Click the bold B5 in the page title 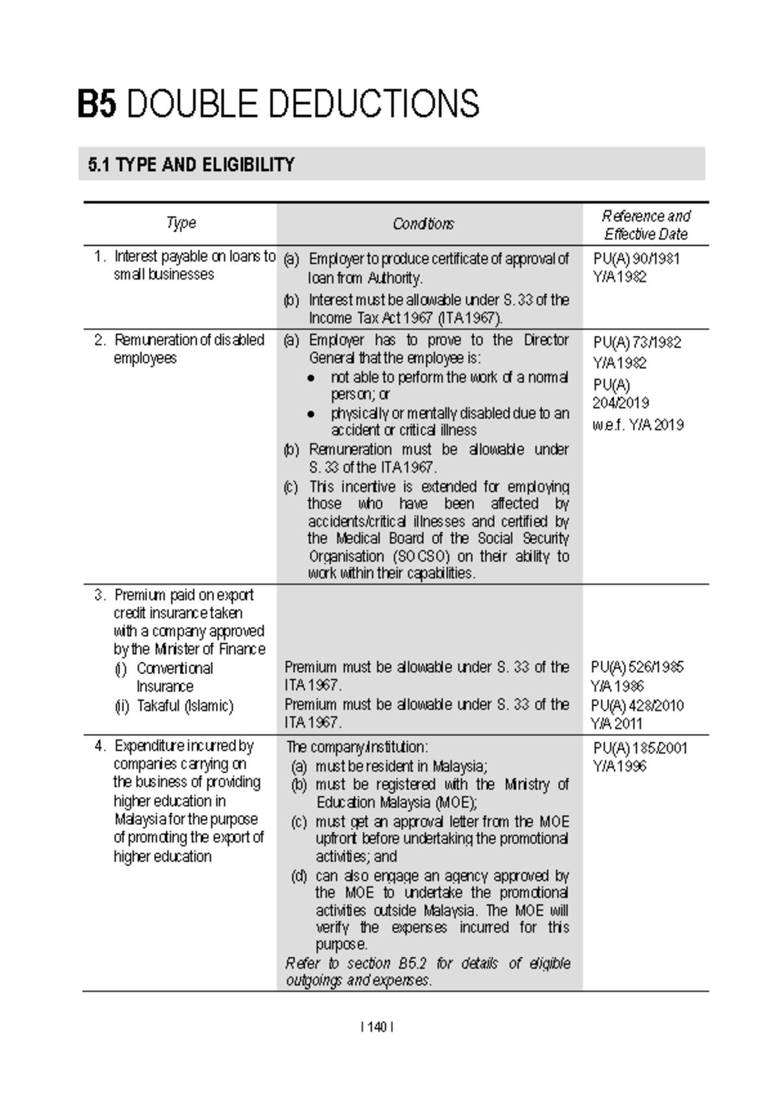coord(97,104)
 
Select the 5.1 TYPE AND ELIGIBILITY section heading coord(191,165)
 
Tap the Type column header coord(181,223)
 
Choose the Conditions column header coord(423,224)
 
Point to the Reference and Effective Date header coord(645,224)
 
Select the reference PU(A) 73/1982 coord(636,342)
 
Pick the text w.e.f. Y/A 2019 coord(638,425)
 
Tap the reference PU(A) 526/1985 coord(637,667)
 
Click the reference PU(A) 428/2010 coord(637,705)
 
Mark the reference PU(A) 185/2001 coord(640,748)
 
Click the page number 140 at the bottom coord(376,1027)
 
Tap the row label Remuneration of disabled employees coord(188,349)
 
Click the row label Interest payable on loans coord(194,257)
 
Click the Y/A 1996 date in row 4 coord(619,766)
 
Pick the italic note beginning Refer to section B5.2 coord(428,971)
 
